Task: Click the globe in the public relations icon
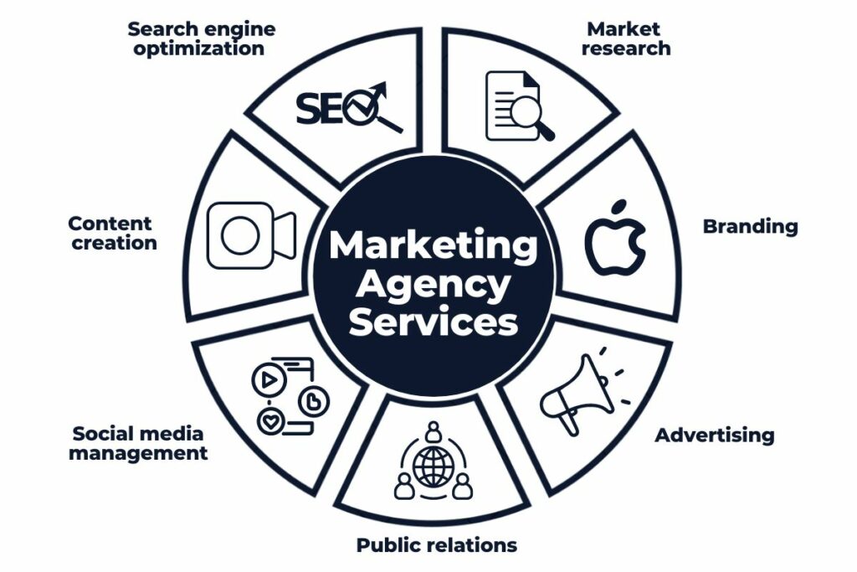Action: coord(433,466)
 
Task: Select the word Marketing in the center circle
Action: coord(433,246)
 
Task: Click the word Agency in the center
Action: coord(433,285)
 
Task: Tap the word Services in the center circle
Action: coord(433,322)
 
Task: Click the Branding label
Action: coord(750,226)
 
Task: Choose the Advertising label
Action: coord(714,435)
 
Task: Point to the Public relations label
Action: coord(436,545)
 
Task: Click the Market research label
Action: coord(625,39)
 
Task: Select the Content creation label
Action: coord(112,234)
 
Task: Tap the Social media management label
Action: coord(138,443)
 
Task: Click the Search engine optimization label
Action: coord(201,39)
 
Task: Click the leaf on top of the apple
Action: coord(620,206)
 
